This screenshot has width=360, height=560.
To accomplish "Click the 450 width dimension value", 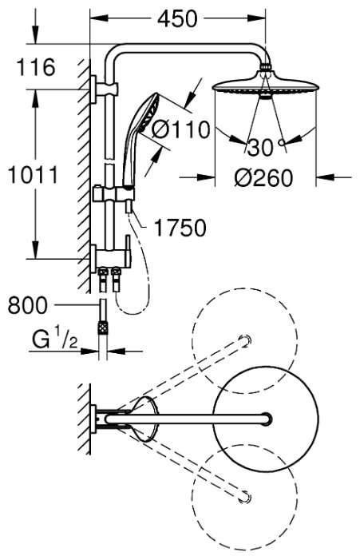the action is click(177, 19).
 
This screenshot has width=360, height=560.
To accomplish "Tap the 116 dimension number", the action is click(36, 67).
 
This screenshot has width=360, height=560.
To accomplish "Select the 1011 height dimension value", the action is click(33, 175).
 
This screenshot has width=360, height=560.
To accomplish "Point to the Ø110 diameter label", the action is click(180, 129).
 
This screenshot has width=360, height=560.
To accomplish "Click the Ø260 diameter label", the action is click(263, 178).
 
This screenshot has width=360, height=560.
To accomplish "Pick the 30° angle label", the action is click(266, 147).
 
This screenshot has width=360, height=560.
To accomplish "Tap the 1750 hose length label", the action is click(180, 228).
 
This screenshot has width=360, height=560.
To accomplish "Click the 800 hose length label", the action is click(27, 305).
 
